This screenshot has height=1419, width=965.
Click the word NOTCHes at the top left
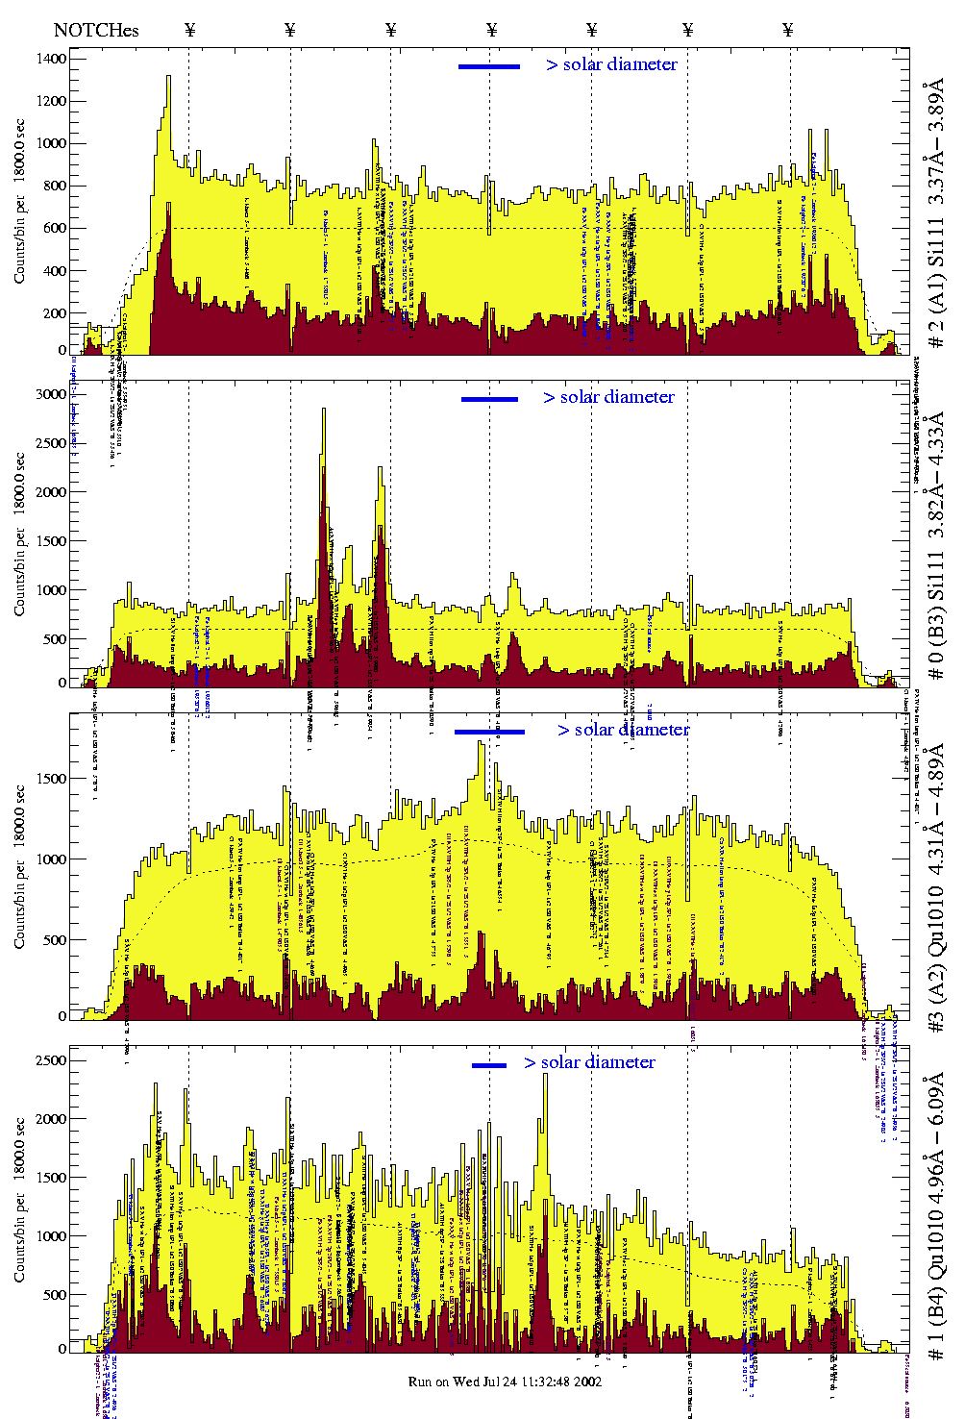point(96,30)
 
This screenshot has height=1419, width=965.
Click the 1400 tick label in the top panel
point(51,60)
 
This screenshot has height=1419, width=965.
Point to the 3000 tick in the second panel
point(51,394)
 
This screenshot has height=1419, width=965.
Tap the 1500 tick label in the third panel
point(51,779)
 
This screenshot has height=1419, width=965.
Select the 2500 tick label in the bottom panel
point(51,1060)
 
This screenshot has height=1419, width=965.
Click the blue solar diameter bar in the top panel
point(489,66)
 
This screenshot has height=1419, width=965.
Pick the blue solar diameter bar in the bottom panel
point(489,1065)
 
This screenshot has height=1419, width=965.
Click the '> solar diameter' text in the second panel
point(608,397)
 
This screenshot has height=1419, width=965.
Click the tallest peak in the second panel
point(323,411)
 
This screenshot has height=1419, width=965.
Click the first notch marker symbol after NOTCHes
point(190,30)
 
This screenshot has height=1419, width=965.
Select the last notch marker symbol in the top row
point(788,30)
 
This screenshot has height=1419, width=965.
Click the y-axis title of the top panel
point(20,202)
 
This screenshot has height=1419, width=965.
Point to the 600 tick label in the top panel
point(55,229)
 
